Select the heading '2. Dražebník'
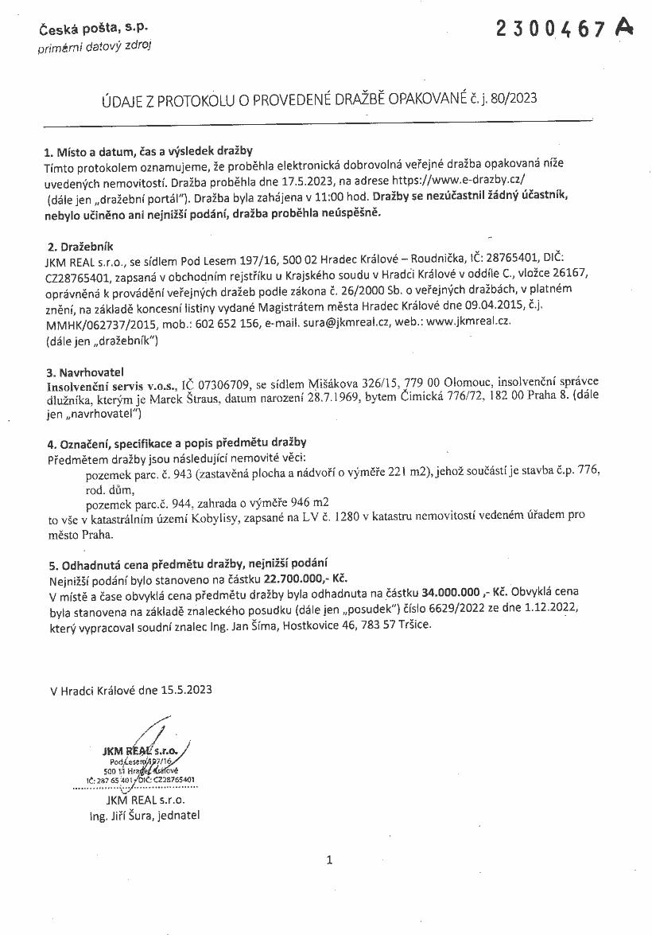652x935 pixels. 80,247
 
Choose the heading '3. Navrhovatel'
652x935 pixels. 85,372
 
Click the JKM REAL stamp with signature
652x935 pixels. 144,759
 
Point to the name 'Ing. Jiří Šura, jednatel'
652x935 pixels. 145,816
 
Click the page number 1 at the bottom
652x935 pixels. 329,859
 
